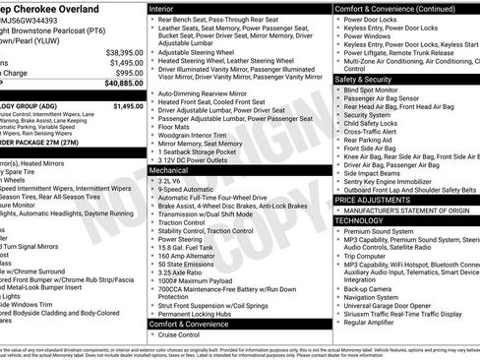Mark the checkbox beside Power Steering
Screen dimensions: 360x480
click(152, 238)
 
